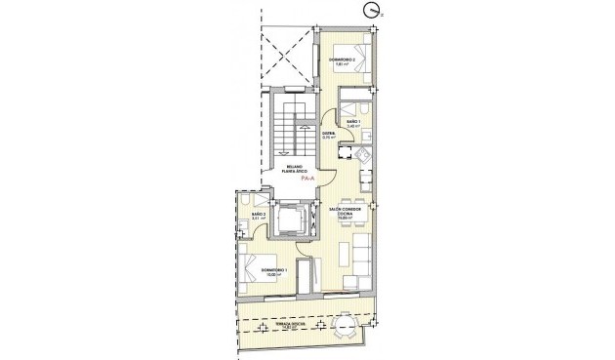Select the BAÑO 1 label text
coord(352,123)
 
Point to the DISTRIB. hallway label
coord(329,136)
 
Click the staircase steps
coord(285,128)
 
